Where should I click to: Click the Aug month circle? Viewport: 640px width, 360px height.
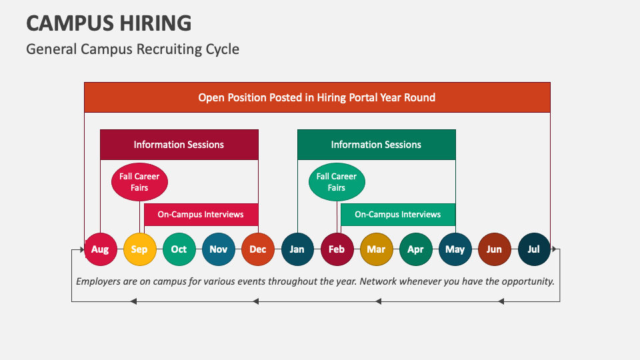(x=100, y=249)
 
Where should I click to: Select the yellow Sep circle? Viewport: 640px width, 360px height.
(x=139, y=249)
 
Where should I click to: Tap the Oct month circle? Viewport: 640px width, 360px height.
(x=179, y=249)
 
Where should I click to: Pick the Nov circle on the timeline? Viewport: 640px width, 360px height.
(x=218, y=249)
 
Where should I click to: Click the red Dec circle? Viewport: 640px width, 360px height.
(x=258, y=249)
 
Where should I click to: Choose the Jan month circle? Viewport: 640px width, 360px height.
(x=297, y=249)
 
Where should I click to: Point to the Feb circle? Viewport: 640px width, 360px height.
(x=337, y=249)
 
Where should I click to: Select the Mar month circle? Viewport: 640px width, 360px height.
(x=376, y=249)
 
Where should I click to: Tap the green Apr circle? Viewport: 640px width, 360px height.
(x=415, y=249)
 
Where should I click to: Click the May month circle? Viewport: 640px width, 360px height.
(x=455, y=249)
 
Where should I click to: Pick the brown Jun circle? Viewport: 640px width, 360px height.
(x=494, y=249)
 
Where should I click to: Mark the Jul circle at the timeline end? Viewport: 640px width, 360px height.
(x=534, y=249)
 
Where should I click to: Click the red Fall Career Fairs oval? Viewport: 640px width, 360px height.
(x=139, y=182)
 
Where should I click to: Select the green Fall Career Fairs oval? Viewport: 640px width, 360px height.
(x=337, y=182)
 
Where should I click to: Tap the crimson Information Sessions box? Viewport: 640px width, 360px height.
(x=179, y=145)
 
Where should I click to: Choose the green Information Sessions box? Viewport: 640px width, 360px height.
(x=376, y=145)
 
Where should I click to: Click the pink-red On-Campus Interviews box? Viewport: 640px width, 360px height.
(x=201, y=215)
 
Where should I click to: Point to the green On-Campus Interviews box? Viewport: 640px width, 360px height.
(x=398, y=215)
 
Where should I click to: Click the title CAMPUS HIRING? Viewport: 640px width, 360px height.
(x=109, y=23)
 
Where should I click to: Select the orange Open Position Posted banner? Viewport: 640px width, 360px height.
(x=317, y=97)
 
